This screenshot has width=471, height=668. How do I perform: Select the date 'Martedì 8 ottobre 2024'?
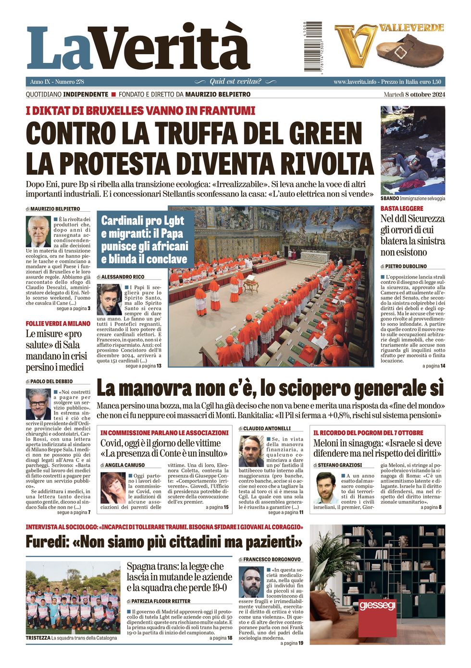414,94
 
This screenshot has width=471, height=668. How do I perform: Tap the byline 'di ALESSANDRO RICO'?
121,277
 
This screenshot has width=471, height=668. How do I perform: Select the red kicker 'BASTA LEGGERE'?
402,208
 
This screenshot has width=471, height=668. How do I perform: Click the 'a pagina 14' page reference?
434,366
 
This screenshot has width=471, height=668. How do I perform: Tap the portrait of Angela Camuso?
112,487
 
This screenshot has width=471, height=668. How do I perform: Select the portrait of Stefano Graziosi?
325,487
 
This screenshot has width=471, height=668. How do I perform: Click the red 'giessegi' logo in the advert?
377,606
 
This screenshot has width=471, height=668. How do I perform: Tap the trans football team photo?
73,598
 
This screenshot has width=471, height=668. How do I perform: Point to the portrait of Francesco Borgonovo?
251,582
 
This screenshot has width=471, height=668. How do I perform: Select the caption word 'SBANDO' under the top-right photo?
390,198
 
